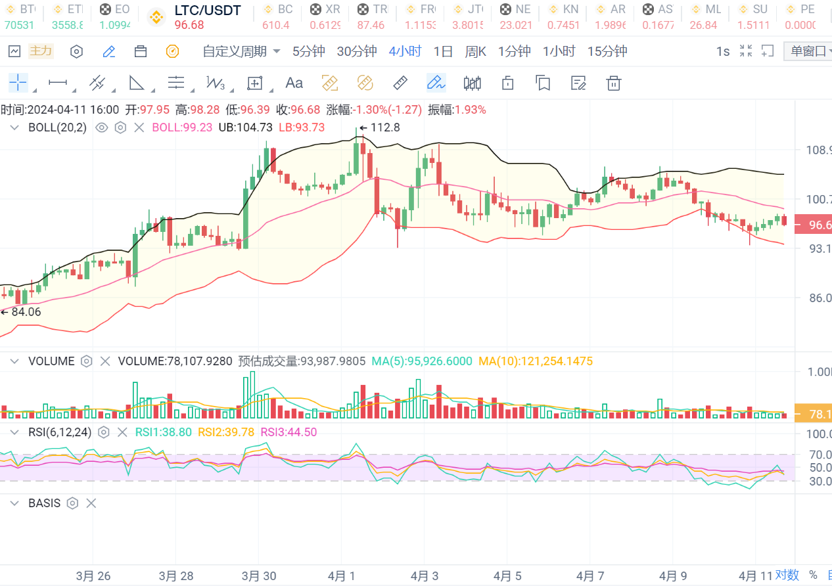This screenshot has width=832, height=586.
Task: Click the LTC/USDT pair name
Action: click(x=208, y=11)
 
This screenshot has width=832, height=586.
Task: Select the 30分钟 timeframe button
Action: click(x=356, y=51)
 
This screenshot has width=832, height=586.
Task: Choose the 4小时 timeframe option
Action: click(x=405, y=51)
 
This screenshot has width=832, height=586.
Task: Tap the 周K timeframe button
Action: click(x=475, y=51)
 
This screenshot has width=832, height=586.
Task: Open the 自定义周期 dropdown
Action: click(x=241, y=51)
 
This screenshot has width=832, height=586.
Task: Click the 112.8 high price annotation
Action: click(x=384, y=127)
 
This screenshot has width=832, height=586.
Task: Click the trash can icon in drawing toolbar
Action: click(x=613, y=83)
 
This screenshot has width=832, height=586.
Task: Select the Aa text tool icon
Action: click(x=294, y=83)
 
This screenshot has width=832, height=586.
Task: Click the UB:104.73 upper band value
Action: click(x=245, y=127)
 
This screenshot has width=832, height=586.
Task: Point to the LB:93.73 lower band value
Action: click(x=302, y=127)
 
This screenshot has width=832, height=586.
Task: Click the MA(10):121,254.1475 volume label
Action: click(x=535, y=361)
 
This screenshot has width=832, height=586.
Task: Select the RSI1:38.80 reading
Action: click(x=163, y=432)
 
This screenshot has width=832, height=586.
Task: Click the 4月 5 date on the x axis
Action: click(x=507, y=576)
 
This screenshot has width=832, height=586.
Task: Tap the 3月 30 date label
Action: click(x=259, y=576)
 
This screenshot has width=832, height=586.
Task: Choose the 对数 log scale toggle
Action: click(x=787, y=575)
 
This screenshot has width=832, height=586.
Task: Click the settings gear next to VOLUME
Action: click(x=86, y=361)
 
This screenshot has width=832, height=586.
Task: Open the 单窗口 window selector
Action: click(x=808, y=51)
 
